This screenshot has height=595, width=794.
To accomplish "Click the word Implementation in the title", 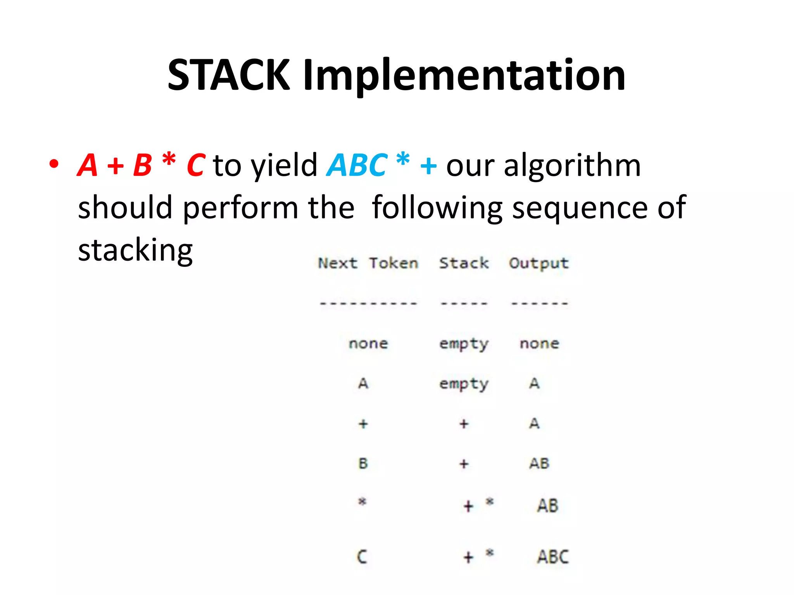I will (x=464, y=76).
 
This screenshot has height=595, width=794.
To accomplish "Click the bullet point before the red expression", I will (x=54, y=164).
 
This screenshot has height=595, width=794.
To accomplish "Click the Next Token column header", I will (x=368, y=263).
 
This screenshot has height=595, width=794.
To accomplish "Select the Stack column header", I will (x=464, y=263).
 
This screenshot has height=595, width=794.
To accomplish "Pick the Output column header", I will (x=539, y=263).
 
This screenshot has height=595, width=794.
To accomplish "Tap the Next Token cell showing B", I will (x=363, y=463).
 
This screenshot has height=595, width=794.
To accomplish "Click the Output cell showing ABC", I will (x=552, y=557).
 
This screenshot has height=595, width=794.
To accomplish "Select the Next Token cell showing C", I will (x=362, y=557).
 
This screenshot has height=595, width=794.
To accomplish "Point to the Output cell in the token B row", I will (x=539, y=463).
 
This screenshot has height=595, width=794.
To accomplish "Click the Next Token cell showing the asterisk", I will (x=362, y=502).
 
